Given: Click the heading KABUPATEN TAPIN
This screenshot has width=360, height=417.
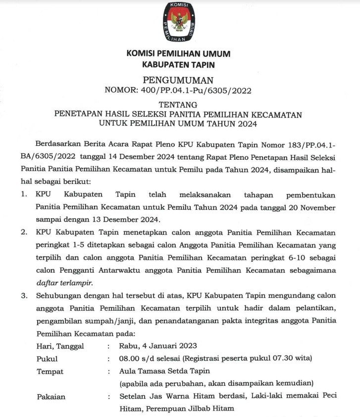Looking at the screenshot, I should click(x=179, y=64).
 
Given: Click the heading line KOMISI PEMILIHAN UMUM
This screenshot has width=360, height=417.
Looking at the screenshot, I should click(x=179, y=53).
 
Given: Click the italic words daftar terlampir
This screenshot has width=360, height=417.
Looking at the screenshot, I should click(x=64, y=283).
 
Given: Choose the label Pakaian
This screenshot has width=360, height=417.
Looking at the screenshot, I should click(x=51, y=396).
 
